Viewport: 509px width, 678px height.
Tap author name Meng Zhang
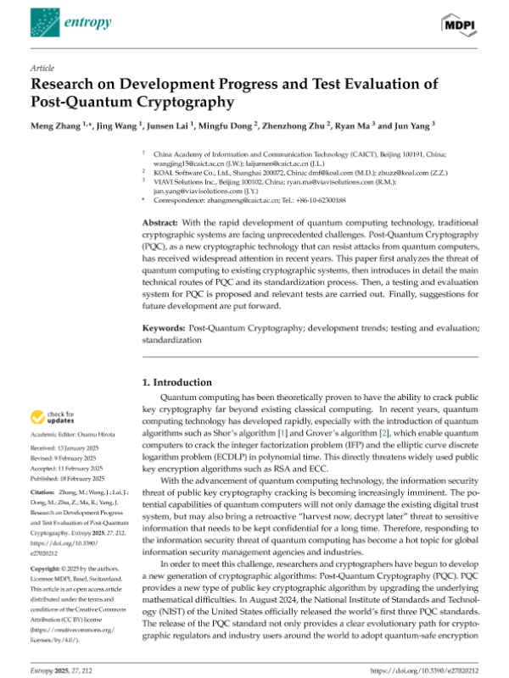click(x=56, y=125)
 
